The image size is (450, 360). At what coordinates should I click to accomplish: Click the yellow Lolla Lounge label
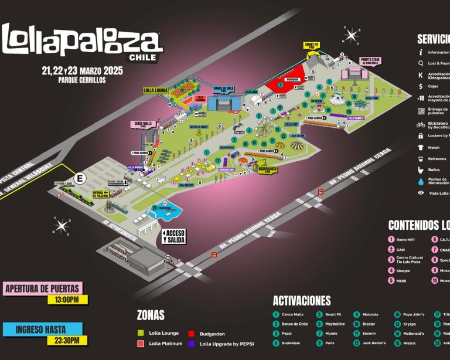coord(155,90)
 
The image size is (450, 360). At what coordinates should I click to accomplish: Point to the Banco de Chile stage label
coord(224,89)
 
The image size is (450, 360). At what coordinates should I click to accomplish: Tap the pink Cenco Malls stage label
coord(144,124)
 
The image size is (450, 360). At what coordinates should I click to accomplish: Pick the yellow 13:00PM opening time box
coord(67,300)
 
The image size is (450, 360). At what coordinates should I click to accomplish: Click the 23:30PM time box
coord(67,340)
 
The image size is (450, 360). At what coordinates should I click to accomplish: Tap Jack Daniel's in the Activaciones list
coord(372,343)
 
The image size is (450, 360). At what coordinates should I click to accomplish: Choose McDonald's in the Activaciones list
coord(412,334)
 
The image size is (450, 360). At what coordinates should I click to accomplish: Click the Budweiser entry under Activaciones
coord(290,343)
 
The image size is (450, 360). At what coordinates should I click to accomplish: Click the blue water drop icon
coord(420,182)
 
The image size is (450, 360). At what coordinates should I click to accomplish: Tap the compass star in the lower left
coord(62,225)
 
